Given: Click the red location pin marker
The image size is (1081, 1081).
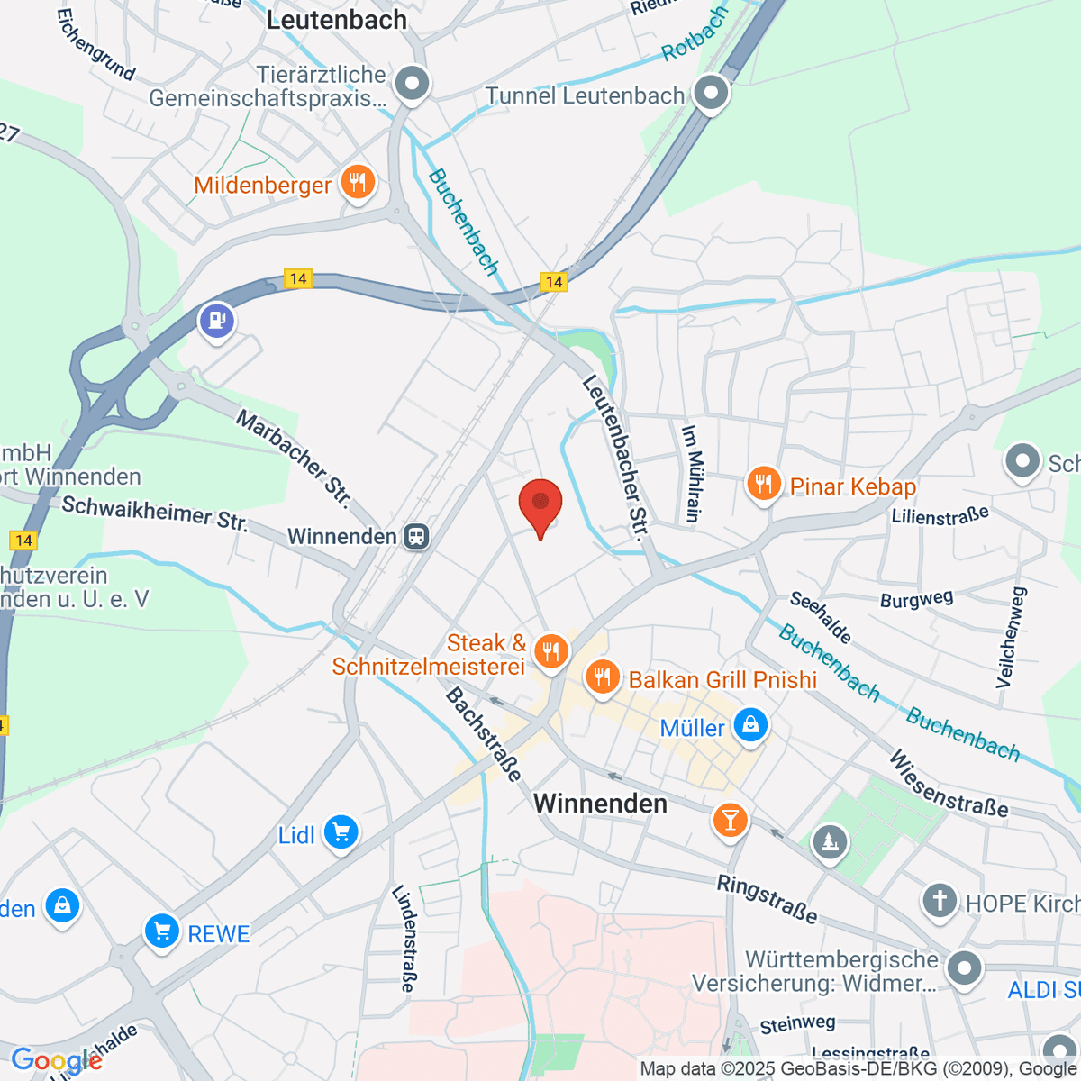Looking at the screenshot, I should pyautogui.click(x=540, y=504).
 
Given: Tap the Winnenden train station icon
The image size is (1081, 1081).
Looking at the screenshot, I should pyautogui.click(x=416, y=537).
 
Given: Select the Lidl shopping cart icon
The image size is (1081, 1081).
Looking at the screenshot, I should pyautogui.click(x=341, y=833).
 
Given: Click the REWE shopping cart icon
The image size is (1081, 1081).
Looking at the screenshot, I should pyautogui.click(x=162, y=931).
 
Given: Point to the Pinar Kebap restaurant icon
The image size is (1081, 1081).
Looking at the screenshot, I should pyautogui.click(x=763, y=485).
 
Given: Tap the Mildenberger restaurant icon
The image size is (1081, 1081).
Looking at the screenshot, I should pyautogui.click(x=358, y=184).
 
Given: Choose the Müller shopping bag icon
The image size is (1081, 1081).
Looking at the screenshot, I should pyautogui.click(x=750, y=725).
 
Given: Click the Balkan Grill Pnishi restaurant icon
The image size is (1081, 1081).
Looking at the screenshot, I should pyautogui.click(x=601, y=677).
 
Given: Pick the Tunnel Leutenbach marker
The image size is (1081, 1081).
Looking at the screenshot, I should pyautogui.click(x=711, y=93).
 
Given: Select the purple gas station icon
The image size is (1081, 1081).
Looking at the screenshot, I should pyautogui.click(x=216, y=320).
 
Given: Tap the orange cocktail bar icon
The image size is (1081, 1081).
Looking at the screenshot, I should pyautogui.click(x=730, y=820).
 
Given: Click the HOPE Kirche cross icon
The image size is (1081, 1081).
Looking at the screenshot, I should pyautogui.click(x=939, y=900).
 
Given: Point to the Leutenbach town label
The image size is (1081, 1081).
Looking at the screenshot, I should pyautogui.click(x=337, y=20).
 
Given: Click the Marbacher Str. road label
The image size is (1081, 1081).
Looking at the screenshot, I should pyautogui.click(x=294, y=457).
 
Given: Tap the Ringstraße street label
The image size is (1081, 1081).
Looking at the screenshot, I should pyautogui.click(x=768, y=899).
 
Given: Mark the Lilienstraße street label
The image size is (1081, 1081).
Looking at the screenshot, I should pyautogui.click(x=940, y=516).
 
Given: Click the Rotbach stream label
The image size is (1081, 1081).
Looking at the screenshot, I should pyautogui.click(x=695, y=34).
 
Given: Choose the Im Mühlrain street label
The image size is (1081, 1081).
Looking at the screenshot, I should pyautogui.click(x=691, y=474).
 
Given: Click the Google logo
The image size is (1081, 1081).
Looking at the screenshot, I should pyautogui.click(x=56, y=1060).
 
